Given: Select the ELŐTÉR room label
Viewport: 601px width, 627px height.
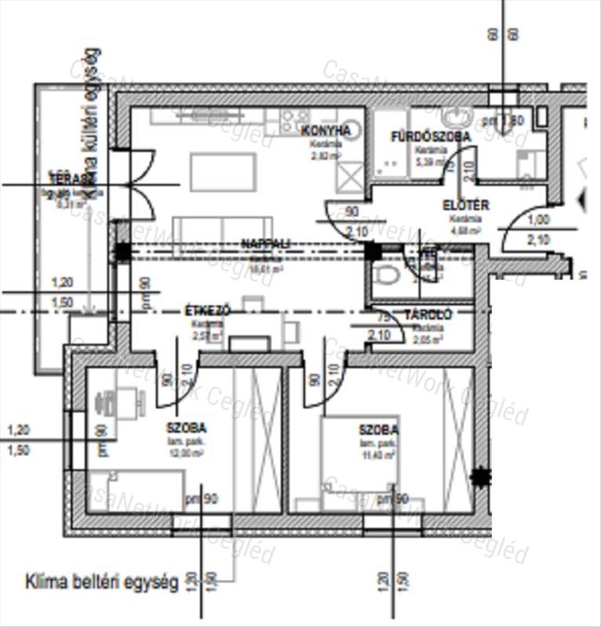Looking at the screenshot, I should click(465, 206).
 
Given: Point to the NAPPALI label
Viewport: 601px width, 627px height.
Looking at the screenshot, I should click(267, 244).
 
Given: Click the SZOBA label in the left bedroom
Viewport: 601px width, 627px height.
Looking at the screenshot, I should click(186, 428).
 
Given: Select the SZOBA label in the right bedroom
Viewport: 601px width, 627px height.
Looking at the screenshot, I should click(378, 430).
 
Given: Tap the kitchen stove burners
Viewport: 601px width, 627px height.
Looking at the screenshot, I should click(294, 119).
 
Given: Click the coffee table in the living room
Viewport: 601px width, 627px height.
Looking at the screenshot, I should click(223, 171).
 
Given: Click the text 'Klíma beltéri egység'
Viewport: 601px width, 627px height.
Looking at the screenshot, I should click(102, 582).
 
